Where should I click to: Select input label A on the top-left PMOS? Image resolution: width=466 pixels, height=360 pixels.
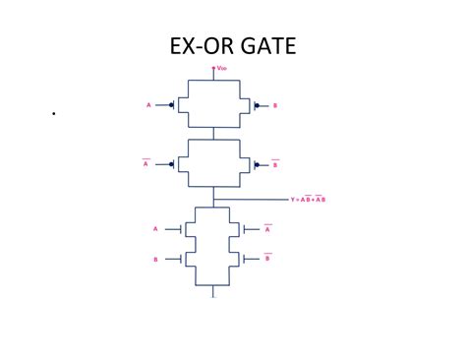click(148, 103)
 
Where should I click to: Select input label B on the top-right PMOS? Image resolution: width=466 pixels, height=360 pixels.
click(275, 103)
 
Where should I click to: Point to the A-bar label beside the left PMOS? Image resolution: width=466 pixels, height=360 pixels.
click(146, 163)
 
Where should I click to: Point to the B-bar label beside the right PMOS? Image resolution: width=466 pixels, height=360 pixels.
click(275, 163)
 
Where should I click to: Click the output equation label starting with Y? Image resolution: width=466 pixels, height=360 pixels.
click(308, 199)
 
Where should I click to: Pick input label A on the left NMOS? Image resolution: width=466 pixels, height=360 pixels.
click(155, 228)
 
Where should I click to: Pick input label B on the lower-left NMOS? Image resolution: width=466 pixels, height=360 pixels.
click(155, 259)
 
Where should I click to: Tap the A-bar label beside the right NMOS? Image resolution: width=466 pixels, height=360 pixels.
click(267, 228)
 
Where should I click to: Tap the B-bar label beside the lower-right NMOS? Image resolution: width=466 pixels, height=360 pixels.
click(267, 258)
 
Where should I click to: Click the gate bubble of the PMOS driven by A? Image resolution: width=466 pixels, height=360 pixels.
click(173, 103)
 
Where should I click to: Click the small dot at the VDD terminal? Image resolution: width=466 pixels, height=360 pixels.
click(213, 68)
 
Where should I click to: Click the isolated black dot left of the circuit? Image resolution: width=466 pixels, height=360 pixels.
click(53, 114)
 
